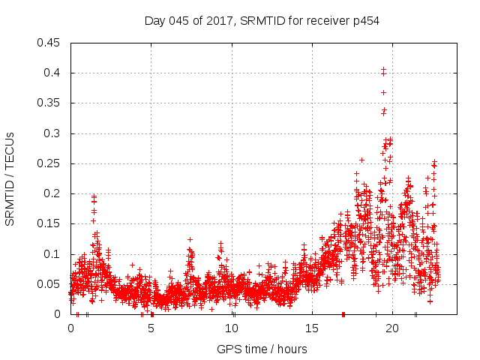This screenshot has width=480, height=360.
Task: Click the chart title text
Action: tap(262, 21)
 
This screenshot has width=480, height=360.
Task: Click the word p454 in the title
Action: tap(364, 21)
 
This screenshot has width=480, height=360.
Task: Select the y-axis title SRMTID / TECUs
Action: tap(10, 178)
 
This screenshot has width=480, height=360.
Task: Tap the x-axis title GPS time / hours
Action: tap(262, 349)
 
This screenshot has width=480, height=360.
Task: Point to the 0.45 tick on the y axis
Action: tap(49, 43)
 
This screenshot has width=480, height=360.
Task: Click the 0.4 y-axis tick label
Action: tap(52, 73)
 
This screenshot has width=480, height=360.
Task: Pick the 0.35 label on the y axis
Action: tap(49, 103)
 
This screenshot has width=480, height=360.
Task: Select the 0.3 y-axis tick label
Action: tap(52, 133)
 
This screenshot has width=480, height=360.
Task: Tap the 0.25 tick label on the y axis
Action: tap(49, 163)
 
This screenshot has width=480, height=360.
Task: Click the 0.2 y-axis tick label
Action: tap(52, 193)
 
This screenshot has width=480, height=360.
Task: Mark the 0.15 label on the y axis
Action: tap(49, 224)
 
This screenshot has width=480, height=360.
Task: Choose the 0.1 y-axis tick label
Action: tap(52, 254)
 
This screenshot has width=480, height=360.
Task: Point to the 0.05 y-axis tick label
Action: tap(49, 284)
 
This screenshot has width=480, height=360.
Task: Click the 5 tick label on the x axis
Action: tap(151, 328)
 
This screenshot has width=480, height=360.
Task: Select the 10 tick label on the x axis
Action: tap(232, 328)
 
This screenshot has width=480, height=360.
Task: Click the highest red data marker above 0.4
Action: tap(383, 69)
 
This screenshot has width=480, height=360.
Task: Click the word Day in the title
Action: tap(155, 21)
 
